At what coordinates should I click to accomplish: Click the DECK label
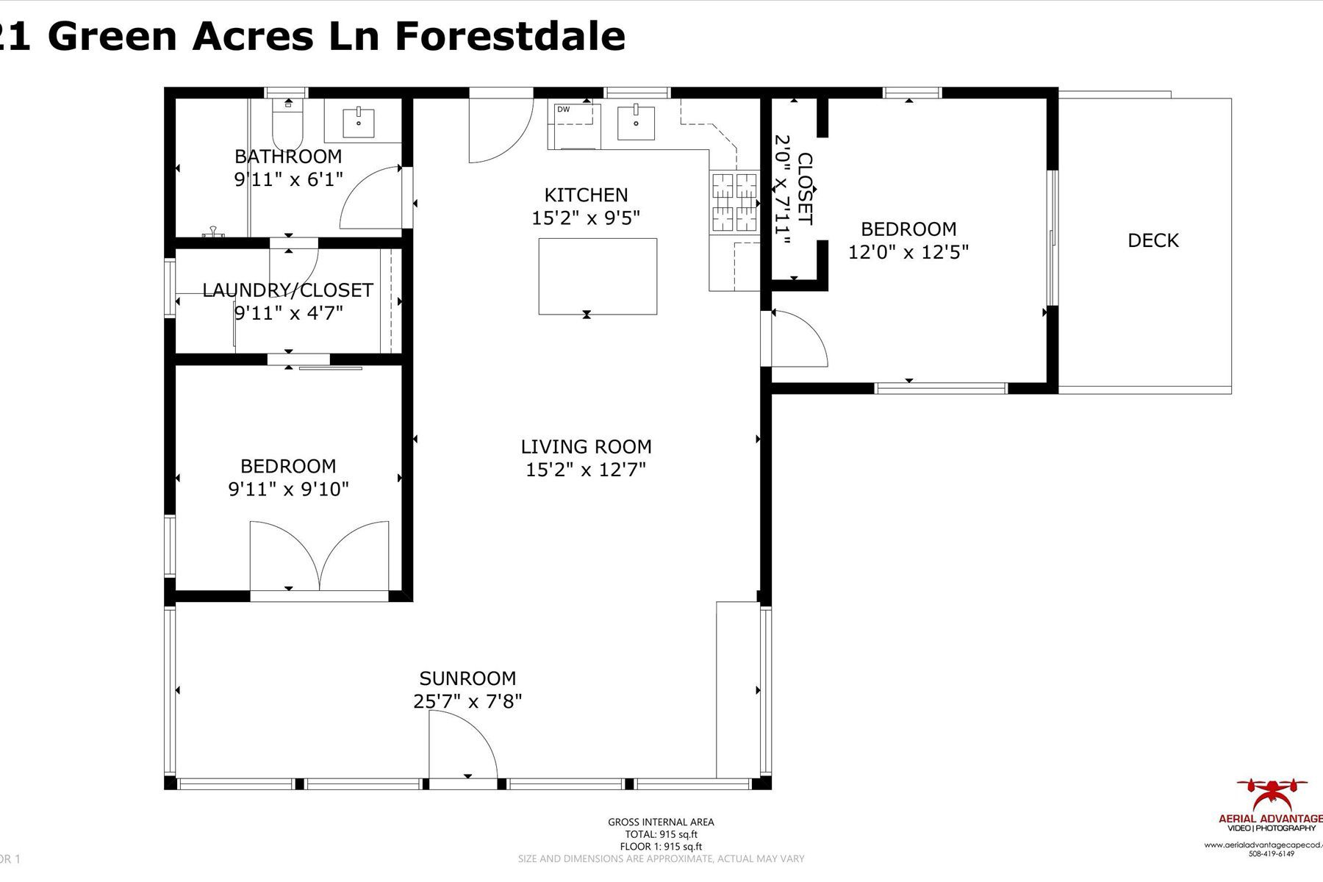[1152, 240]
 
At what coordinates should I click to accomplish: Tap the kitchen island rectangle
[598, 276]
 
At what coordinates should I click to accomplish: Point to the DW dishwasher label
[564, 110]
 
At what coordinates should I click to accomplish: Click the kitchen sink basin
[636, 123]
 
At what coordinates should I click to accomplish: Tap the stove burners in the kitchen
[734, 202]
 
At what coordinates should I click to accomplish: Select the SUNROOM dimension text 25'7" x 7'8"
[467, 701]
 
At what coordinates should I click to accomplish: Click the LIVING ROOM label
[586, 446]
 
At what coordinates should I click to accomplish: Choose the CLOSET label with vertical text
[805, 189]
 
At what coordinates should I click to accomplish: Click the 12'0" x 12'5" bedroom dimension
[908, 252]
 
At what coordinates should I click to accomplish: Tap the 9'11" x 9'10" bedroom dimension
[288, 489]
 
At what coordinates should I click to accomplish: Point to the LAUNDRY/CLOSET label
[287, 290]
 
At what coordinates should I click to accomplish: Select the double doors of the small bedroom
[319, 559]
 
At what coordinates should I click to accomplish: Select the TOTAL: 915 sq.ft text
[661, 834]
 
